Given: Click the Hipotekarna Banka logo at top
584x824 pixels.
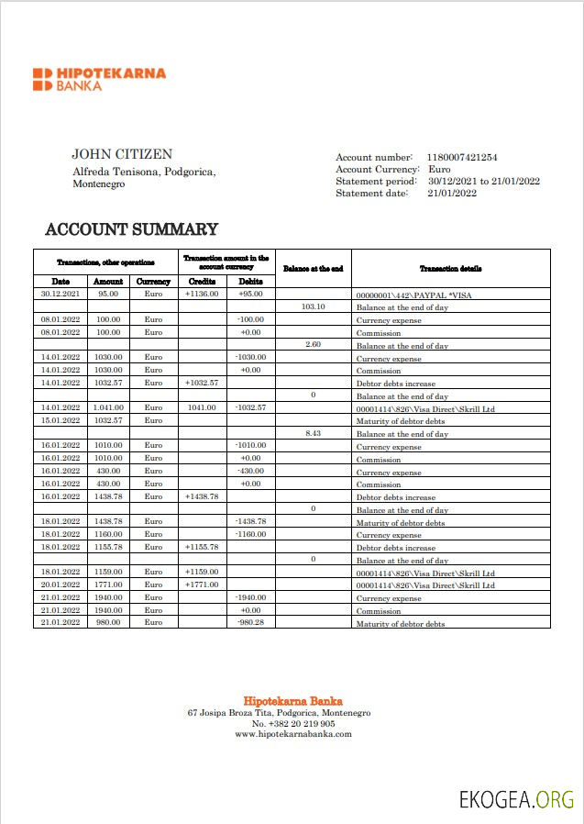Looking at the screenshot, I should tap(99, 79).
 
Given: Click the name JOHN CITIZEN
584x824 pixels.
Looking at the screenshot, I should tap(122, 154).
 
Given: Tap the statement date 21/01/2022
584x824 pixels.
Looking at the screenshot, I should tap(452, 193).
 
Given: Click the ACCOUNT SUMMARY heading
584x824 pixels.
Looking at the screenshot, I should tap(132, 229).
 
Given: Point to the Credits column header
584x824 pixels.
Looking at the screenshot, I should tap(202, 282).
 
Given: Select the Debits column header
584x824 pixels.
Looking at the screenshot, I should tap(250, 282).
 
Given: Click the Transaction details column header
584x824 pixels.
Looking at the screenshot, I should tap(450, 268).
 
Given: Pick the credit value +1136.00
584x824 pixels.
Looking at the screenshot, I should tap(202, 294).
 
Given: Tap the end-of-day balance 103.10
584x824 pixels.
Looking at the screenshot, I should tap(314, 306).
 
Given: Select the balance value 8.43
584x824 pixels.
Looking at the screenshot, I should tap(314, 433).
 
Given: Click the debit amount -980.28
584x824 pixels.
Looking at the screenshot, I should tap(250, 622).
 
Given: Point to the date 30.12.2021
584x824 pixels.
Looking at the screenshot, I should tap(61, 294).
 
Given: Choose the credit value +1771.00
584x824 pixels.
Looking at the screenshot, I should tap(202, 585).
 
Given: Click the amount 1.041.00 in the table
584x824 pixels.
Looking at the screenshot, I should tap(109, 407).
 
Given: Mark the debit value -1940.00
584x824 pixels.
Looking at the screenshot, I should tap(250, 597).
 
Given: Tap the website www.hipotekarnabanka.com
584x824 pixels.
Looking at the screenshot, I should tap(292, 734).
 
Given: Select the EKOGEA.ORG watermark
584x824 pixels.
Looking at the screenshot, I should tap(516, 799).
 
